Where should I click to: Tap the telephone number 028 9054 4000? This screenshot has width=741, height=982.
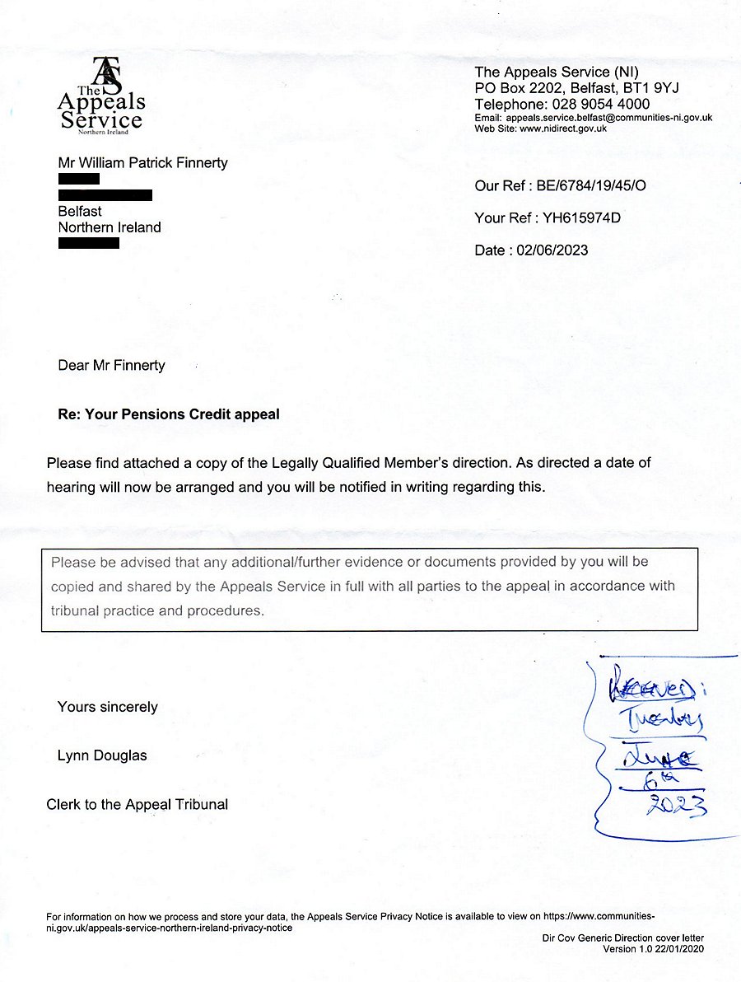click(x=598, y=105)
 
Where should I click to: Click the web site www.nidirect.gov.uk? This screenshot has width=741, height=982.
click(x=562, y=129)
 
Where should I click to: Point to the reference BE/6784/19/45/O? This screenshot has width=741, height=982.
click(x=591, y=186)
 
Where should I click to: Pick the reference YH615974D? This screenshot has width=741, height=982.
click(x=581, y=218)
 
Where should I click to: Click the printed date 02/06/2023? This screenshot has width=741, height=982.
click(x=552, y=250)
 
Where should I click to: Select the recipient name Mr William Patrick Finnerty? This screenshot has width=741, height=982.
click(x=142, y=163)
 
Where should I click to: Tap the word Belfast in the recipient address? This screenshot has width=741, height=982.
click(x=80, y=212)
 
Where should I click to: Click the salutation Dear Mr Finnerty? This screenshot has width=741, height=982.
click(x=111, y=366)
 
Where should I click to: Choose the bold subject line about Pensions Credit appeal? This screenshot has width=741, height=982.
click(x=168, y=414)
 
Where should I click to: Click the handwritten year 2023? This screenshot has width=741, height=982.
click(x=675, y=807)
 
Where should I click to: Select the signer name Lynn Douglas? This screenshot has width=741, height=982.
click(x=102, y=755)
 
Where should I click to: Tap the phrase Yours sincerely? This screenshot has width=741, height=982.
click(x=107, y=707)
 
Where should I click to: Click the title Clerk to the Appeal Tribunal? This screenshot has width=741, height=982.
click(x=137, y=804)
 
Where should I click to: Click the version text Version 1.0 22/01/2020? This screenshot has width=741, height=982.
click(x=654, y=949)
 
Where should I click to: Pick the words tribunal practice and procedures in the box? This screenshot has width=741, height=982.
click(x=157, y=611)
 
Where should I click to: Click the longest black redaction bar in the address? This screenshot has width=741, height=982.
click(x=105, y=195)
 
